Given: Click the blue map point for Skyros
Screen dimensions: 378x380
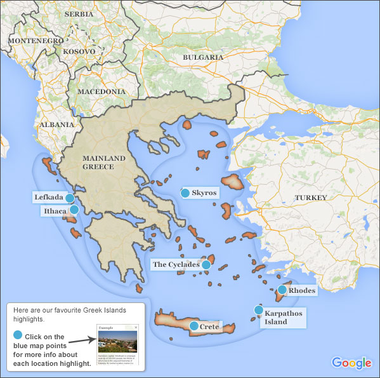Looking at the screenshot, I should point(185,192).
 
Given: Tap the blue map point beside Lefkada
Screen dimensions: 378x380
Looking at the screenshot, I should point(70,198).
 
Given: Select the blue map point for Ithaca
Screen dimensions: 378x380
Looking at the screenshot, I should point(74,210).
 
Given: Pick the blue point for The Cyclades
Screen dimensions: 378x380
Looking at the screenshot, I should point(206,264).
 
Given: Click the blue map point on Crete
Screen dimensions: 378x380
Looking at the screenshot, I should point(194,326).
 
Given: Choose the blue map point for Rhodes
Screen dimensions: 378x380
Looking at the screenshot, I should point(282,290).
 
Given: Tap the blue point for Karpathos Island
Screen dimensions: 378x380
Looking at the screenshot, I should point(258,310).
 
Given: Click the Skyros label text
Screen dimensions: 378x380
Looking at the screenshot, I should point(204,192).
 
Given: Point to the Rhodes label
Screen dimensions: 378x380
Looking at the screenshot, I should point(302,291).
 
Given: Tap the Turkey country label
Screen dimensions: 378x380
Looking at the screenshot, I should point(311,198).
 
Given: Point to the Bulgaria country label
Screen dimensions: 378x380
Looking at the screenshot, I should point(203,57).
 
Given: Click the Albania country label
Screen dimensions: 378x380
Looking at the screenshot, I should point(56,125).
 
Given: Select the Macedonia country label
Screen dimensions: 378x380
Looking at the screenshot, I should point(101,92).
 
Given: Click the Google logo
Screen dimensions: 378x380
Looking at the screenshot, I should point(351,363).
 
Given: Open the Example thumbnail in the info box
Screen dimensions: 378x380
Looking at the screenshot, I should point(117,344).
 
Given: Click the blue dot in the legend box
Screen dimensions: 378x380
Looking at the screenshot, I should point(18,335).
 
